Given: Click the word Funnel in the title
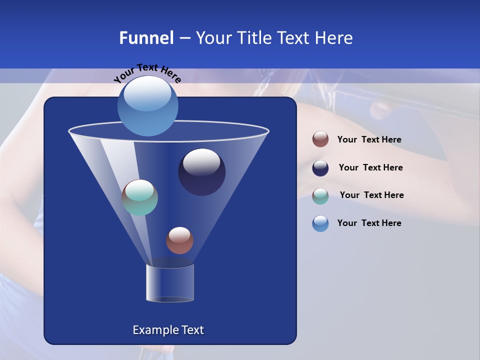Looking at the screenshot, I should tap(146, 38).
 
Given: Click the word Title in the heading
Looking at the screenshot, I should tap(253, 38).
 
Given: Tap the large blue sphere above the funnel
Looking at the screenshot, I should tap(147, 105).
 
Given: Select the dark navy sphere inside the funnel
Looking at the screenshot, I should tap(201, 172).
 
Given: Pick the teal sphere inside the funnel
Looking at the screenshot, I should tap(140, 197).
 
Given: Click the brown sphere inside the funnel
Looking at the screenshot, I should tap(179, 240).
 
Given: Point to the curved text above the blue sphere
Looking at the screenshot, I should tap(147, 73).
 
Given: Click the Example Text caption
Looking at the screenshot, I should tap(168, 330).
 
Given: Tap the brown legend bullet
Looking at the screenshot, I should tap(320, 139).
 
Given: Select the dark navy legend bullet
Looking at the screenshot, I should tap(320, 168).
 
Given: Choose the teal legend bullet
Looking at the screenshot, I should tap(320, 196).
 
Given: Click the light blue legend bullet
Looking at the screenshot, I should tap(320, 223).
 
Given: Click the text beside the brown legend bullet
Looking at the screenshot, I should tap(369, 140).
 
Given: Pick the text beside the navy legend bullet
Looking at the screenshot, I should tap(370, 167).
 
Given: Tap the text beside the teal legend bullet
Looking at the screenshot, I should tap(371, 195).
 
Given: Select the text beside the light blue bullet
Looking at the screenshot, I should tap(369, 223).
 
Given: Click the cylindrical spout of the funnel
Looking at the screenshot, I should tap(170, 283).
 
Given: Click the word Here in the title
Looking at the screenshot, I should tap(333, 38).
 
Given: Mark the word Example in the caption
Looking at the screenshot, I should tap(152, 330).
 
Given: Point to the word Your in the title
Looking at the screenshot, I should tap(213, 38).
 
